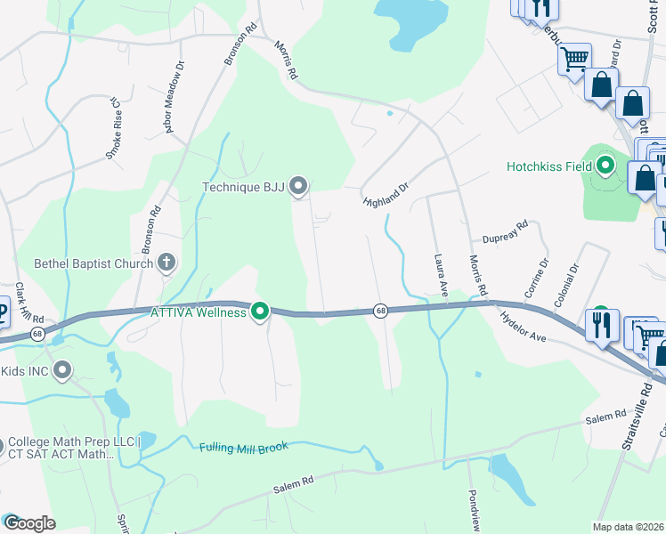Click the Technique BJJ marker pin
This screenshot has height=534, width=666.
click(x=299, y=185)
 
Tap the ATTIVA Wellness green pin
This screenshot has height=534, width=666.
click(x=260, y=311)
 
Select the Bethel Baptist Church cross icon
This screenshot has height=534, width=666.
click(x=166, y=263)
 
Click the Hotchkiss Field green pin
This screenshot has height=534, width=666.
click(x=606, y=166)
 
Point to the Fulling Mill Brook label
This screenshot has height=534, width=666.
click(x=244, y=447)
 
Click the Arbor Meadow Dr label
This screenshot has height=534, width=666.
click(x=175, y=97)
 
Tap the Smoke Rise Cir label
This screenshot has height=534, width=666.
click(x=113, y=128)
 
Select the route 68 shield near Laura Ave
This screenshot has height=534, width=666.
click(x=381, y=311)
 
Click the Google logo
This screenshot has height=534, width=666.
click(x=28, y=523)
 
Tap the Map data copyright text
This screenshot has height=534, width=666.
click(x=627, y=527)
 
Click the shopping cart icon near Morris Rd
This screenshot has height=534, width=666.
click(x=574, y=59)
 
